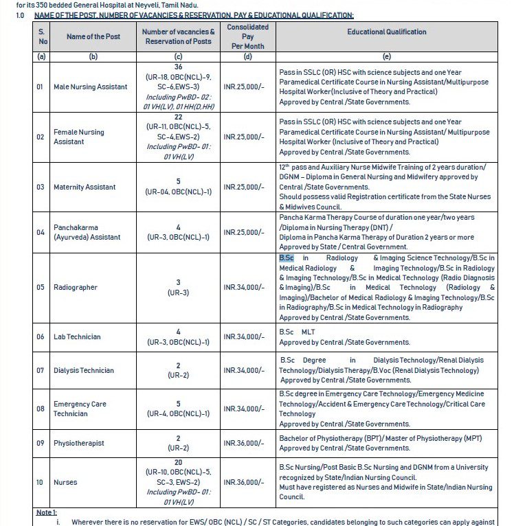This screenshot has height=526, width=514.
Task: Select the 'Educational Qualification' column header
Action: pyautogui.click(x=386, y=32)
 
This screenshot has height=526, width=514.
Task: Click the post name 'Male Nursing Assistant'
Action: pyautogui.click(x=90, y=87)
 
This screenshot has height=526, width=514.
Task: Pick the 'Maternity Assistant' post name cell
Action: pyautogui.click(x=85, y=187)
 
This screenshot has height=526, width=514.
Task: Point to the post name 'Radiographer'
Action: pyautogui.click(x=76, y=287)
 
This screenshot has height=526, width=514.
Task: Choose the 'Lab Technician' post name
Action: pyautogui.click(x=77, y=336)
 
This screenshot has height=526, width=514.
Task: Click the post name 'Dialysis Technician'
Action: pyautogui.click(x=84, y=371)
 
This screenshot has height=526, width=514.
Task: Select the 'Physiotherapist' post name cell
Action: pyautogui.click(x=79, y=443)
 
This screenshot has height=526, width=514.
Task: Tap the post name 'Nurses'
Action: pyautogui.click(x=65, y=483)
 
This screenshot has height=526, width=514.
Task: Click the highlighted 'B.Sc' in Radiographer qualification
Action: pyautogui.click(x=286, y=258)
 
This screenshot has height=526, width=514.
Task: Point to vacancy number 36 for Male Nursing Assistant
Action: pyautogui.click(x=178, y=67)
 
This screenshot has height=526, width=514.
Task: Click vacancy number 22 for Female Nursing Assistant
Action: pyautogui.click(x=178, y=118)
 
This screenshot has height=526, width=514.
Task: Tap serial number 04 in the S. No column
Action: pyautogui.click(x=41, y=232)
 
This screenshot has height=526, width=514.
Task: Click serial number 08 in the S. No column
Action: pyautogui.click(x=41, y=409)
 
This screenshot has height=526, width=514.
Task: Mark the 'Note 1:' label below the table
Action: pyautogui.click(x=47, y=512)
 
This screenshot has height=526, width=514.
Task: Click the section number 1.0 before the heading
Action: pyautogui.click(x=20, y=15)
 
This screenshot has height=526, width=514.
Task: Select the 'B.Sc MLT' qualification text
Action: pyautogui.click(x=296, y=332)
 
